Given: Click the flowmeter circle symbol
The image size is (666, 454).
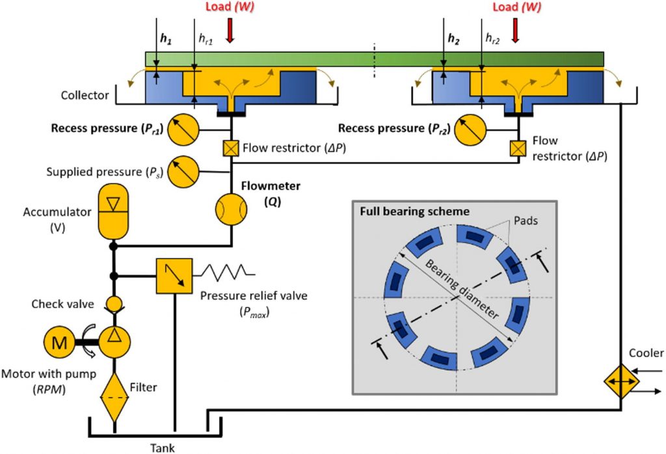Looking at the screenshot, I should click(232, 209).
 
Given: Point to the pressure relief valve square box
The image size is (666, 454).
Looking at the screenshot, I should click(174, 275).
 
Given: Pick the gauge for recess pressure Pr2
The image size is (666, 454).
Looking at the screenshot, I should click(470, 129).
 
